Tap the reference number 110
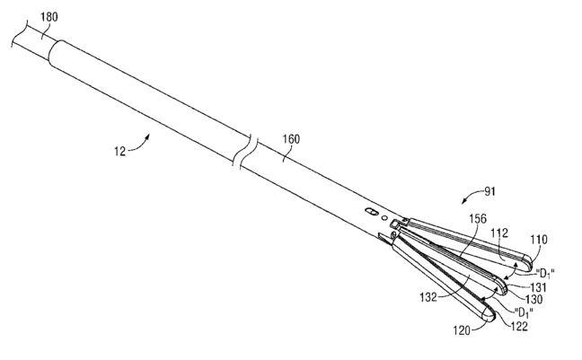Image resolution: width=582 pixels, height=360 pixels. [x=537, y=241]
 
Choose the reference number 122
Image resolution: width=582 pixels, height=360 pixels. [x=519, y=326]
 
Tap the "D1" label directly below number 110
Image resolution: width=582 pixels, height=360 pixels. [x=548, y=272]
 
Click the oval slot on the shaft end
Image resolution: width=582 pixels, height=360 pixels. [x=370, y=212]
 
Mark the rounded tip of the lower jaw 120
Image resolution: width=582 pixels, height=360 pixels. [x=492, y=317]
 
